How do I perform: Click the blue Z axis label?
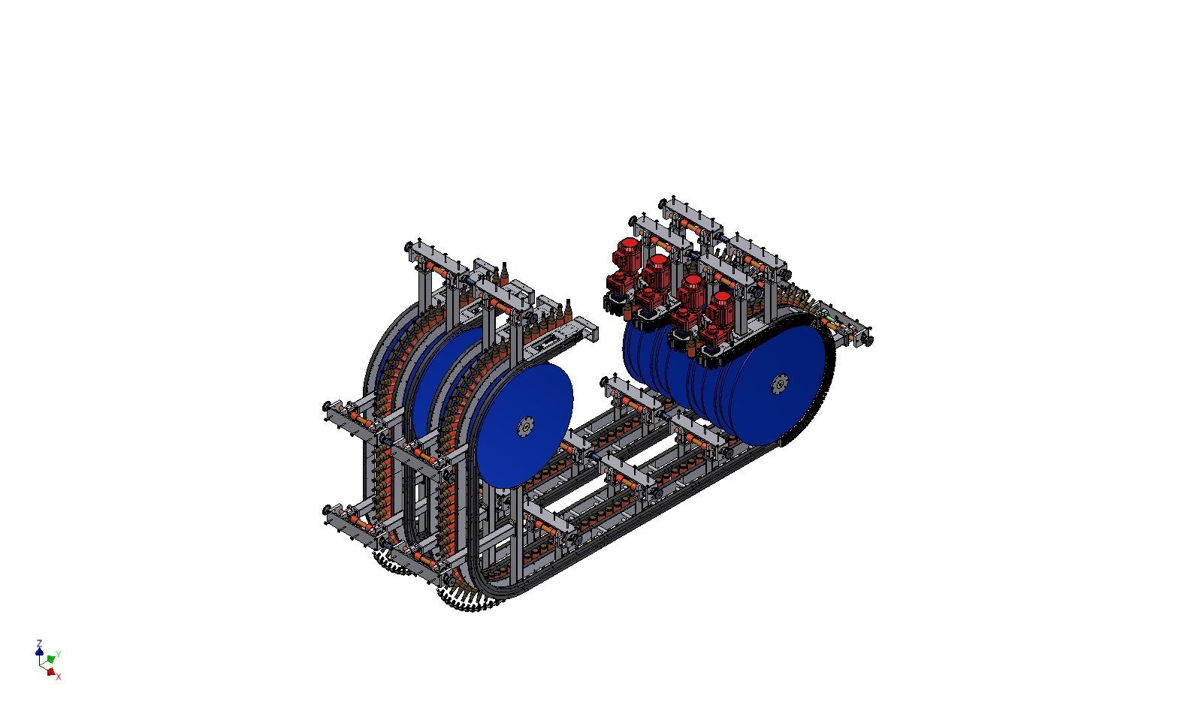(38, 643)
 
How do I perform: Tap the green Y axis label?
(58, 654)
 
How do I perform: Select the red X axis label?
(58, 676)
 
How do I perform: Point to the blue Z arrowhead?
(39, 651)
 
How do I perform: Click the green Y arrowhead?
(51, 659)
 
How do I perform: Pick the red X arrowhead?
(51, 672)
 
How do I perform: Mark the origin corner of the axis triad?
(41, 665)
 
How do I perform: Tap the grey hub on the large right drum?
(780, 383)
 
